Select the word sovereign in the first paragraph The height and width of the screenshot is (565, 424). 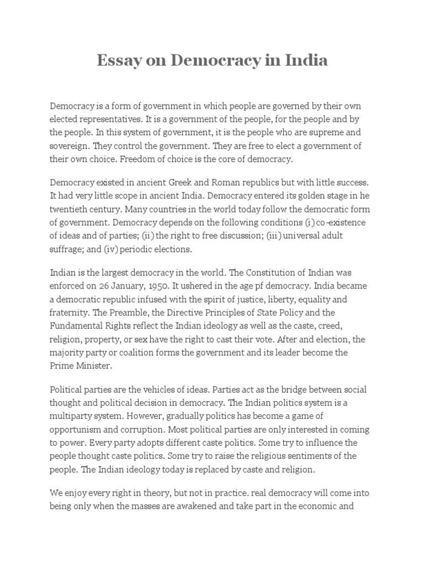(69, 146)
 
